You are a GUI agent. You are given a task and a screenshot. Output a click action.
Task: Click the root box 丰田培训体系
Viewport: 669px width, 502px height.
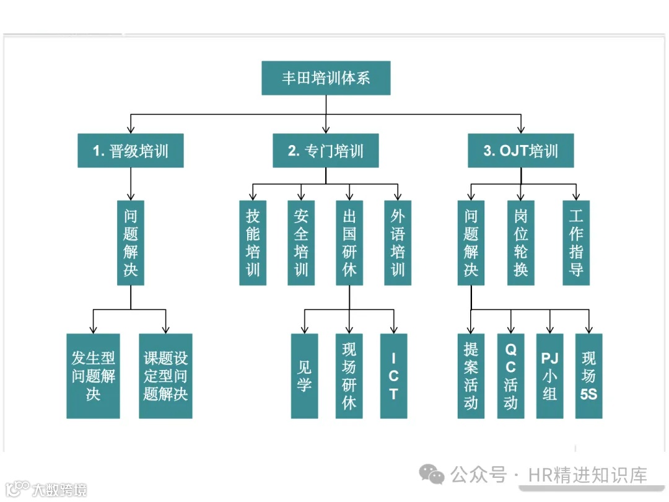326,78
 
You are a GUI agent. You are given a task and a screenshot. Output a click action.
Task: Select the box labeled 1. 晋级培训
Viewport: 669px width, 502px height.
131,151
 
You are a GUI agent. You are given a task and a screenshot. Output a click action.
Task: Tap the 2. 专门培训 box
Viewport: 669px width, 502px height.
326,151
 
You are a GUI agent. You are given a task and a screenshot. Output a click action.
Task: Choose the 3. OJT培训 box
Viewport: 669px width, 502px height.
521,151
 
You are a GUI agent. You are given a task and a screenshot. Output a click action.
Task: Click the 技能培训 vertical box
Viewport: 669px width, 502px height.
253,242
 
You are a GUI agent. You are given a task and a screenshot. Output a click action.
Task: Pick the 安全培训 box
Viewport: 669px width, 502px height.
301,242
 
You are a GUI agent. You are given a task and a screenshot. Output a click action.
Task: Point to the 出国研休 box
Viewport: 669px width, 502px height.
349,242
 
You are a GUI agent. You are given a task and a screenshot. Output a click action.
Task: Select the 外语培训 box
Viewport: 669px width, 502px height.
398,242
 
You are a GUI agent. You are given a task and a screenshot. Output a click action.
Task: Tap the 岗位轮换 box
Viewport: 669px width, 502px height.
521,242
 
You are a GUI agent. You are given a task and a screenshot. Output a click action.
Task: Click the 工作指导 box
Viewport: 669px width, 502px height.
576,242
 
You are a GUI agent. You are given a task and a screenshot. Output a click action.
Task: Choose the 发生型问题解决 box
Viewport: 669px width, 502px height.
93,376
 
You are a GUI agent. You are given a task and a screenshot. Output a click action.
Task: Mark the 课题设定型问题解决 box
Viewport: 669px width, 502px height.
165,376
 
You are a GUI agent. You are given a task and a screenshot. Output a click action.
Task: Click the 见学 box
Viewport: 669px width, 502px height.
304,376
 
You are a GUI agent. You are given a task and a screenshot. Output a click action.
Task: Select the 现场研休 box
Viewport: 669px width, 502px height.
349,376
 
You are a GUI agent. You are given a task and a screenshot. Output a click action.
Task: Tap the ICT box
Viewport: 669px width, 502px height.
394,376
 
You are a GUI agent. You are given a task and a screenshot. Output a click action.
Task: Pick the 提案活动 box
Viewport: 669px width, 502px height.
471,376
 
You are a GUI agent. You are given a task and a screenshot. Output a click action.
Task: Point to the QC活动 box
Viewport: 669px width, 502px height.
510,376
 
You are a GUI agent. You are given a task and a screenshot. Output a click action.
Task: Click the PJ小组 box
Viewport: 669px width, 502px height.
549,376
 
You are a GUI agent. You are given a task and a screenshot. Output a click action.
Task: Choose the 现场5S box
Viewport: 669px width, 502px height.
588,376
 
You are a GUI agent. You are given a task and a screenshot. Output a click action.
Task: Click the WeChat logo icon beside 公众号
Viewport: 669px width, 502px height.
432,475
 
